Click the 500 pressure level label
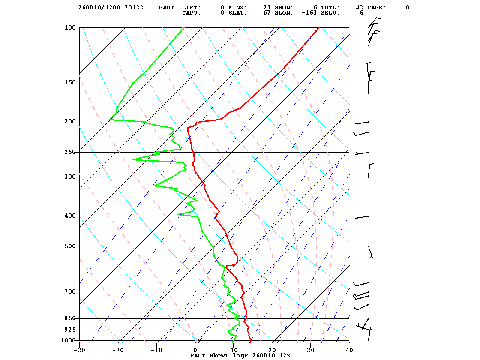click(70, 246)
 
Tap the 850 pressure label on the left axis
click(70, 318)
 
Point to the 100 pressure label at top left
click(70, 27)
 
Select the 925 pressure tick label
click(70, 330)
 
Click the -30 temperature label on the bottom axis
click(80, 350)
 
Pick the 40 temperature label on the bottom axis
click(349, 350)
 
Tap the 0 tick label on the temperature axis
click(195, 350)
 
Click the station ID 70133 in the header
click(134, 8)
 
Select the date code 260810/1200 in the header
click(99, 8)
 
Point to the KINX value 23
click(267, 8)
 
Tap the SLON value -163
click(309, 13)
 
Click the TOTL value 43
click(360, 8)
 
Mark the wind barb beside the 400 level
click(362, 217)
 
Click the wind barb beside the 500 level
click(370, 252)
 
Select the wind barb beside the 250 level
click(362, 153)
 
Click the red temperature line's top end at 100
click(319, 27)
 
